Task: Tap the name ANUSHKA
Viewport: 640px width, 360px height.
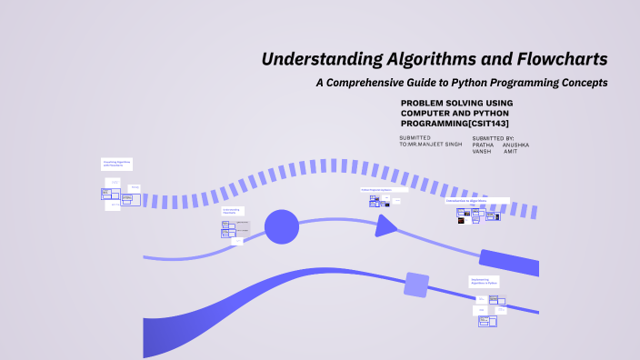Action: [515, 145]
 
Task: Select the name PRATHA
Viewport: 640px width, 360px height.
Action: [484, 145]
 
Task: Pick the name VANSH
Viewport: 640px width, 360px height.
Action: [482, 152]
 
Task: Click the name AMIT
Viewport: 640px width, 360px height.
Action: [512, 152]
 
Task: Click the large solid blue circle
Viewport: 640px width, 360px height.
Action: [282, 226]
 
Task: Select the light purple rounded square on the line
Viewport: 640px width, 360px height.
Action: [415, 285]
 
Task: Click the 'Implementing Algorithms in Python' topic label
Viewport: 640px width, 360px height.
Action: [485, 282]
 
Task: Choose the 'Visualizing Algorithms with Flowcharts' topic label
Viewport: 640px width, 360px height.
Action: [116, 164]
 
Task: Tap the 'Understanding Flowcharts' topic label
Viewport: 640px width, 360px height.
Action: [232, 211]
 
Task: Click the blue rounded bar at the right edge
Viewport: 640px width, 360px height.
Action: [508, 262]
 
